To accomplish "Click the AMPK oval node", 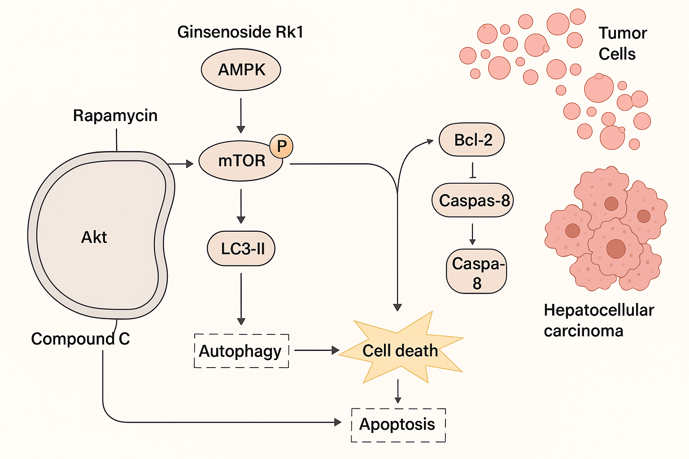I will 241,70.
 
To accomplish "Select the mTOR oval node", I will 241,161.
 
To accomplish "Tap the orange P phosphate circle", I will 281,146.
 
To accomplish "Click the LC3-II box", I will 241,248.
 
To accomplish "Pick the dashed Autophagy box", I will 241,351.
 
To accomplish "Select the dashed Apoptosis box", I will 398,424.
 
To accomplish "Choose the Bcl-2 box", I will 472,140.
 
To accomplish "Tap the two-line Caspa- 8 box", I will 476,272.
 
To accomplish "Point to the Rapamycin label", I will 115,116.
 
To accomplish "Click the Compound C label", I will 80,339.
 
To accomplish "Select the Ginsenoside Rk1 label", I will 240,32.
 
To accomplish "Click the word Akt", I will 94,237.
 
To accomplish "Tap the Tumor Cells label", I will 622,43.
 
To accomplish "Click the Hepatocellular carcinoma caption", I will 598,320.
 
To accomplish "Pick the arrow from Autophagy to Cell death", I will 316,350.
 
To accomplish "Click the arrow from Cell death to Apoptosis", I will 398,391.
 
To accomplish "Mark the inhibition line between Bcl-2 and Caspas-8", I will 472,171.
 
